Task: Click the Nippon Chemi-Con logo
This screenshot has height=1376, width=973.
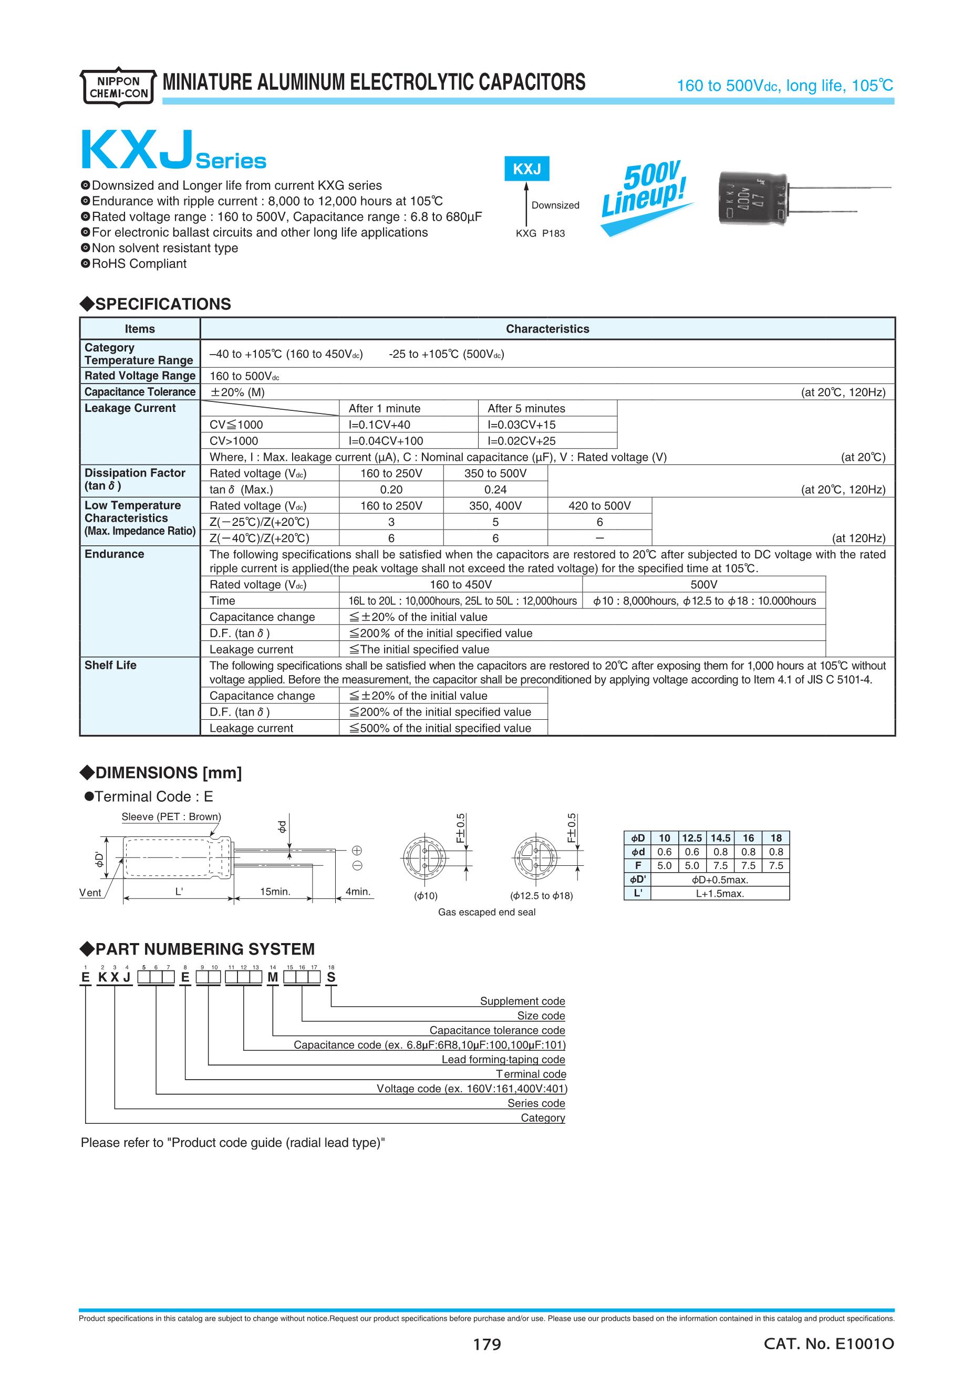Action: tap(118, 87)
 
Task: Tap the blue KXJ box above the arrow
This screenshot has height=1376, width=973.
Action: tap(526, 170)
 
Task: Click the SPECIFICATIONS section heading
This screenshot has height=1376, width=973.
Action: tap(156, 304)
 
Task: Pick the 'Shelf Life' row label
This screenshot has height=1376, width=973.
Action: tap(110, 665)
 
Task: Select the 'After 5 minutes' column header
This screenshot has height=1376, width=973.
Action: tap(526, 409)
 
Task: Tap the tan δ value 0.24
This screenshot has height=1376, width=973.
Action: tap(495, 490)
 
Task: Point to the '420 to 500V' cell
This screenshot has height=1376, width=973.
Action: tap(600, 506)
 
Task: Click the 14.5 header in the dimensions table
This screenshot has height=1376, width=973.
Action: tap(720, 838)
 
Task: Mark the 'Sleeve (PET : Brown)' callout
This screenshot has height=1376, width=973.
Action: tap(171, 817)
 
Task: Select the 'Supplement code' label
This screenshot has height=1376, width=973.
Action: tap(522, 1001)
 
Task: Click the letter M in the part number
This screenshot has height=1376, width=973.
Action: tap(273, 977)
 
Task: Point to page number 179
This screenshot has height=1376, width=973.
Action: tap(486, 1344)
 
